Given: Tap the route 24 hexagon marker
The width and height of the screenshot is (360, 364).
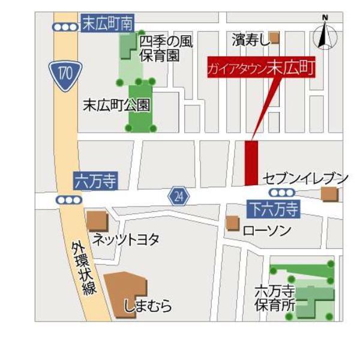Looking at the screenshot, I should (178, 196).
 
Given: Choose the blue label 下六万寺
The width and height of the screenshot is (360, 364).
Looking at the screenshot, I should (273, 209).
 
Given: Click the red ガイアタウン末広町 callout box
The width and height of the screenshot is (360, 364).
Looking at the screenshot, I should (260, 67).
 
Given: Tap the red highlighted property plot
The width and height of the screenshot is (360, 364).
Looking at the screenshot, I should (251, 163).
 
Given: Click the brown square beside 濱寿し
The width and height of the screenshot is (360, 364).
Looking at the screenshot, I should (274, 38).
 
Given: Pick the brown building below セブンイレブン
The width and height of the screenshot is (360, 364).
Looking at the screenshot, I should (329, 194).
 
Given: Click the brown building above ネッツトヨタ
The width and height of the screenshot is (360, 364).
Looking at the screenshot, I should (97, 221).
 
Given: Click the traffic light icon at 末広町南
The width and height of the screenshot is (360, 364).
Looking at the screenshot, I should (65, 26).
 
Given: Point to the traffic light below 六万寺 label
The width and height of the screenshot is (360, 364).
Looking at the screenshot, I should (69, 199).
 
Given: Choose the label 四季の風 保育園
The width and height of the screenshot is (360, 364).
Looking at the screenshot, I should (167, 49).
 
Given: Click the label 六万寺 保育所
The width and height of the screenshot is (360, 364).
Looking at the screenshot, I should (274, 298).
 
